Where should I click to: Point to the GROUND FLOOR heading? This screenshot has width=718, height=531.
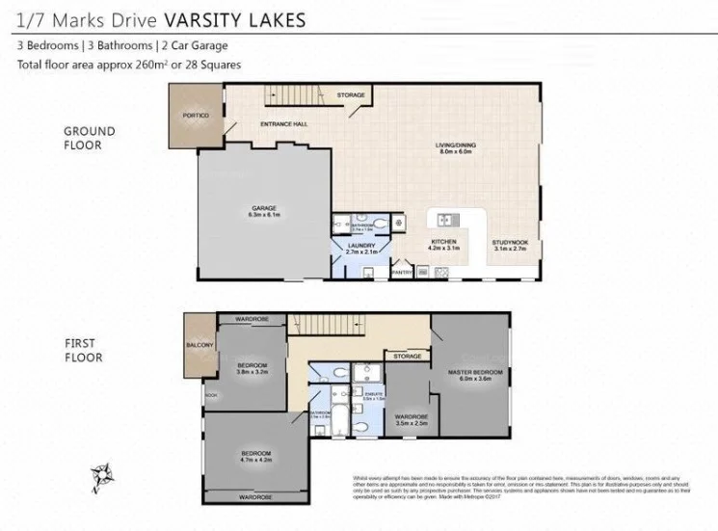pos(89,138)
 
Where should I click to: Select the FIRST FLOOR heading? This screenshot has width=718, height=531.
pos(84,350)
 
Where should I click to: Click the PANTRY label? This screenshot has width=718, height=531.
pos(403,273)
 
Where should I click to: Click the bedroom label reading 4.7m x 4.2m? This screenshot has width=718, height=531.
pos(255,457)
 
